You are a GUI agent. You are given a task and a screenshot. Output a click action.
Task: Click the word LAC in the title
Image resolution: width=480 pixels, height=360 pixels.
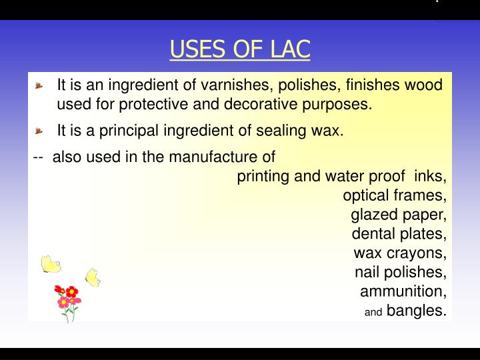(x=290, y=49)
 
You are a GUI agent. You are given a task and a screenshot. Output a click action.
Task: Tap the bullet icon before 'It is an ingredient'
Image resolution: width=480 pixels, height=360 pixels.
(x=39, y=86)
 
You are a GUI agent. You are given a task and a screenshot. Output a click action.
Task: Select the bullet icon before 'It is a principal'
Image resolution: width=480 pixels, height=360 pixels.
(x=39, y=131)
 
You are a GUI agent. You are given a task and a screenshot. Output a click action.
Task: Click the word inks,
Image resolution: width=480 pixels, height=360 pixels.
(x=431, y=176)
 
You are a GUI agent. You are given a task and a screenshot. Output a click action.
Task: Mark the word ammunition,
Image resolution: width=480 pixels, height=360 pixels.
(x=403, y=291)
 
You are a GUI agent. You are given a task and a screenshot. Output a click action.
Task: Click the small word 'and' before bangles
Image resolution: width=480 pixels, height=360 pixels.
(x=373, y=312)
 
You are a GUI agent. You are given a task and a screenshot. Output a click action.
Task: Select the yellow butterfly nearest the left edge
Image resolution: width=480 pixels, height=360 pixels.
(x=51, y=264)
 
